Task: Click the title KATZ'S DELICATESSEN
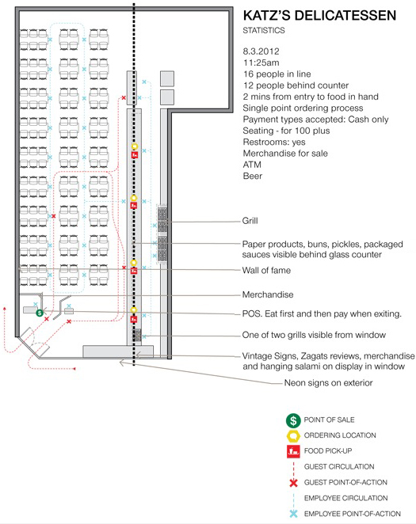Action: [x=319, y=16]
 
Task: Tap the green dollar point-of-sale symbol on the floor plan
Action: [x=40, y=313]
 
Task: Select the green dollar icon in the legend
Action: [x=293, y=420]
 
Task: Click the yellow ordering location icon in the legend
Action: [x=293, y=436]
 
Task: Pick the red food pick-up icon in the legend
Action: [x=293, y=451]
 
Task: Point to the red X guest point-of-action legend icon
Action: [x=293, y=483]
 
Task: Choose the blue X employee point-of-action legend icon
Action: [x=293, y=514]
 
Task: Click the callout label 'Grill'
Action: [x=250, y=221]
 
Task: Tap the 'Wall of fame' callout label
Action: [x=266, y=270]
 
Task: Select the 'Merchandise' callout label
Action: [x=268, y=294]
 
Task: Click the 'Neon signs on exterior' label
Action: [x=328, y=382]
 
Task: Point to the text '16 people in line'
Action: [x=277, y=74]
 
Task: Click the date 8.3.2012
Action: [x=261, y=51]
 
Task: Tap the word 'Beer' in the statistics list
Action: [x=253, y=176]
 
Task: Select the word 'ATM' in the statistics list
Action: [x=252, y=165]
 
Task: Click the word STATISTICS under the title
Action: [x=264, y=30]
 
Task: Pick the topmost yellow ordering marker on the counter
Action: [x=135, y=146]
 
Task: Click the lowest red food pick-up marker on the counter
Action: [x=134, y=320]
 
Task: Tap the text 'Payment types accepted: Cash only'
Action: [x=315, y=120]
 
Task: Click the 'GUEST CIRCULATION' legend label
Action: [x=339, y=466]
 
